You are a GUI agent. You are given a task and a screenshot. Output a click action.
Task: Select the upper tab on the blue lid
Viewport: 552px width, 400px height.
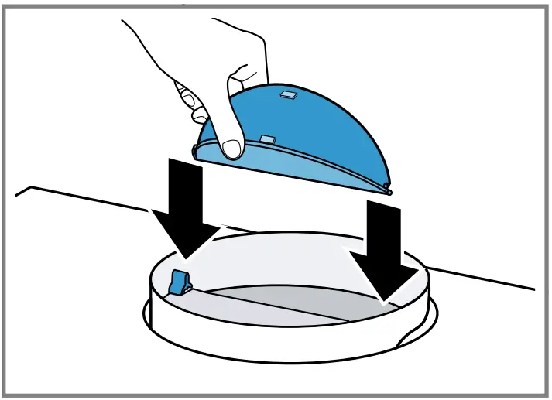(288, 94)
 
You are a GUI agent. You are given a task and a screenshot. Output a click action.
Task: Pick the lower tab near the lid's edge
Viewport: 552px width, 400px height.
(267, 139)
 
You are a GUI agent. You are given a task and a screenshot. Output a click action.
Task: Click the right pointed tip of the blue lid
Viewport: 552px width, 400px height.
(389, 189)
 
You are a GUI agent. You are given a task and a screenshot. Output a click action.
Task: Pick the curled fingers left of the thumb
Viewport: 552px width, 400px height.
(190, 101)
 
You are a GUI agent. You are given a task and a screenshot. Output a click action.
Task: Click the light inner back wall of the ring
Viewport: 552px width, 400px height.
(294, 255)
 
